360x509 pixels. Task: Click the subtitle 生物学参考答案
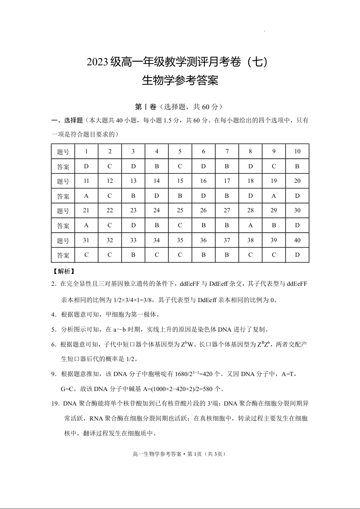tap(180, 81)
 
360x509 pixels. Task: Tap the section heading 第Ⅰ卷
tap(145, 107)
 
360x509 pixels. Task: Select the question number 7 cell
tap(227, 152)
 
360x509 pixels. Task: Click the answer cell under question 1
tap(86, 166)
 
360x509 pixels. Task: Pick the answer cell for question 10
tap(297, 166)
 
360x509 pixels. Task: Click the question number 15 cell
tap(180, 181)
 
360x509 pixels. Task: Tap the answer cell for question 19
tap(274, 196)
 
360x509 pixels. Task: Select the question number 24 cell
tap(157, 210)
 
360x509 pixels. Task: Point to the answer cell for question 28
tap(251, 225)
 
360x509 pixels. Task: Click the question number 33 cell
tap(133, 240)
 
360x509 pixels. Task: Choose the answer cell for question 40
tap(297, 255)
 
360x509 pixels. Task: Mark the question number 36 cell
tap(203, 240)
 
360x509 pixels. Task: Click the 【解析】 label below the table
tap(64, 272)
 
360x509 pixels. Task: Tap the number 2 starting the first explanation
tap(54, 284)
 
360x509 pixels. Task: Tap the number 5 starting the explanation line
tap(54, 329)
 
